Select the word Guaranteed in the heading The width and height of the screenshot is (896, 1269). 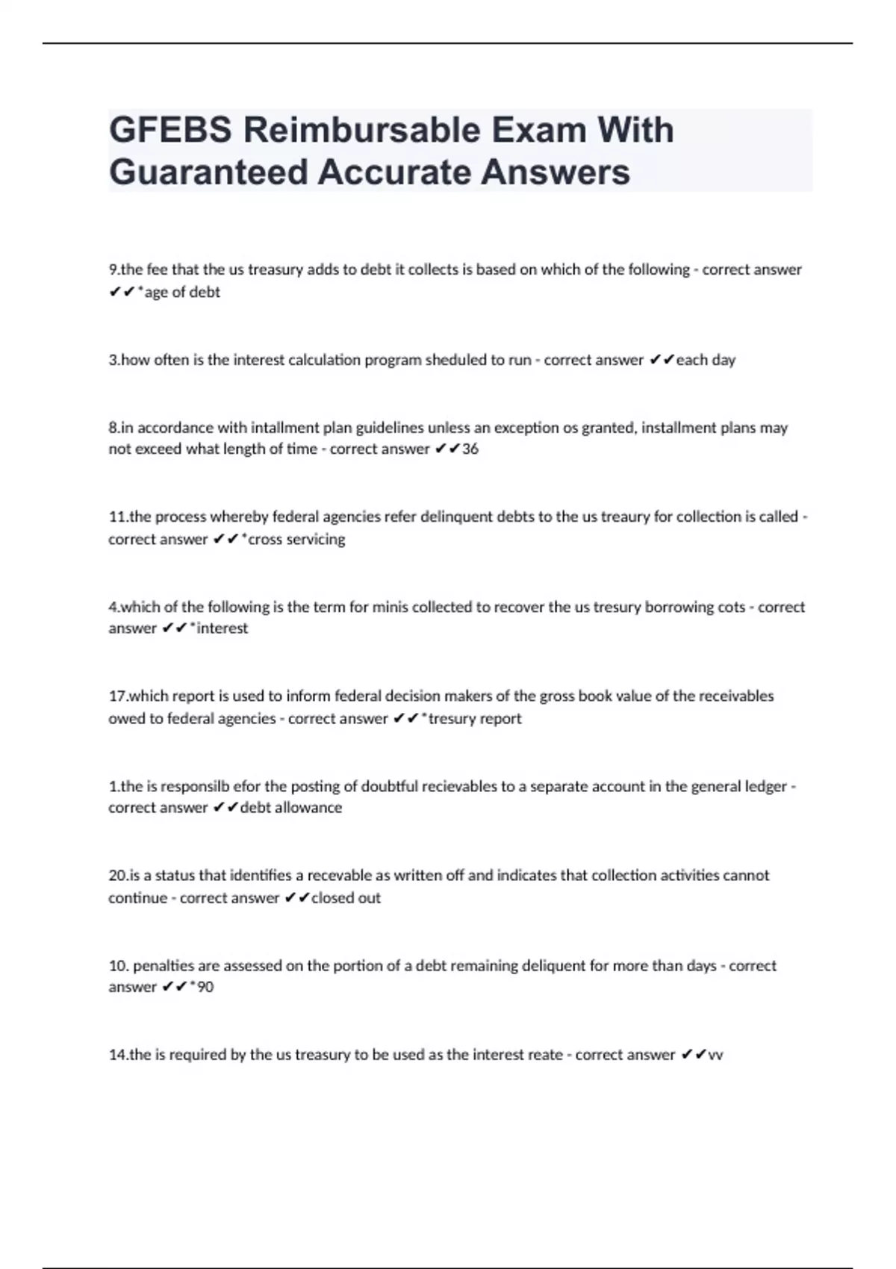pos(208,172)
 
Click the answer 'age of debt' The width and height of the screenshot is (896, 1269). pos(182,293)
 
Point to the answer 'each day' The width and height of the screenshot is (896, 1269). pos(706,360)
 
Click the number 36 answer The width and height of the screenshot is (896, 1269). pos(470,449)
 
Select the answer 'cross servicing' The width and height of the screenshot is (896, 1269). pos(296,539)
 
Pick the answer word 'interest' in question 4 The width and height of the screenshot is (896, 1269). pos(222,629)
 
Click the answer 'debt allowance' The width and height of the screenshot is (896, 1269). pos(290,808)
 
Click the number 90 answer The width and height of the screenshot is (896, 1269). pos(205,987)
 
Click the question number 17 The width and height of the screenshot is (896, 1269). pos(117,696)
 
